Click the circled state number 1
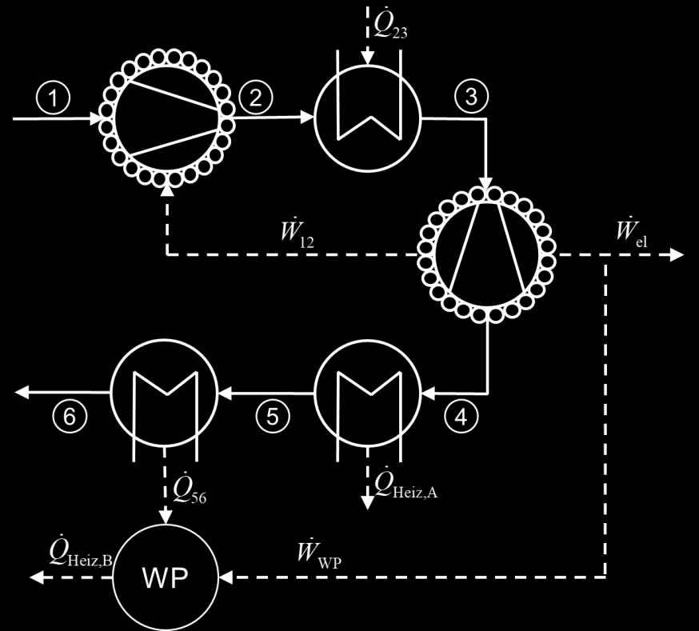tap(53, 97)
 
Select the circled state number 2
tap(256, 97)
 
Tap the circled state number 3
tap(471, 96)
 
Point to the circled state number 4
tap(461, 417)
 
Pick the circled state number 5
tap(273, 417)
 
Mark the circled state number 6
tap(70, 417)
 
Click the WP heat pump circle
tap(166, 577)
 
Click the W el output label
tap(631, 232)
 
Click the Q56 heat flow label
tap(190, 489)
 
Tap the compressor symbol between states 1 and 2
tap(166, 118)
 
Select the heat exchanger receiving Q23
tap(368, 118)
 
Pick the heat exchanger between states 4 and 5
tap(368, 393)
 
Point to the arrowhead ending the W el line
tap(677, 255)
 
